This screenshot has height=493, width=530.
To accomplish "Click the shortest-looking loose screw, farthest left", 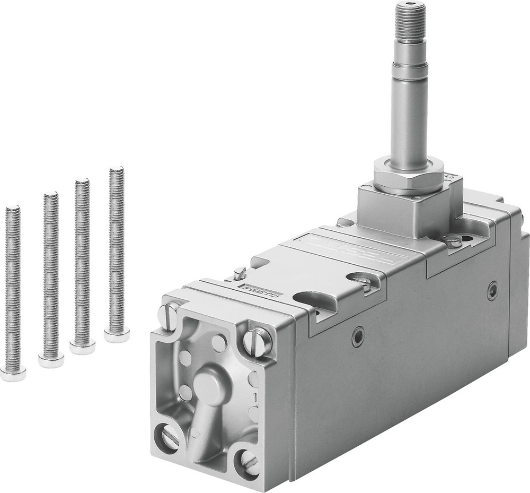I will pos(13,292).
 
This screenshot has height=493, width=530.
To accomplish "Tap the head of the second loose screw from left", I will pos(51,361).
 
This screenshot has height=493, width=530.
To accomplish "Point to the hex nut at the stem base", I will pos(408,175).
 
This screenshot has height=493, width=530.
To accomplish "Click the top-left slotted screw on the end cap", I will pos(168,316).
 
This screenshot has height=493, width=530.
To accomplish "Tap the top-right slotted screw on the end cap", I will pos(257,342).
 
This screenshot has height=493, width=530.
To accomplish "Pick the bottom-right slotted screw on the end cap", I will pos(248,462).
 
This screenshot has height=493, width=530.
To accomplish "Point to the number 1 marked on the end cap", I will pos(255,396).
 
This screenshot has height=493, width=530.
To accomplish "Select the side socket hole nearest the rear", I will pos(492,290).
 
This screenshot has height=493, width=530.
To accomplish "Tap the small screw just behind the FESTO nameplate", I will pos(240,273).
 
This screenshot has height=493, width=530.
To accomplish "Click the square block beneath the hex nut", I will pos(403,210).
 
